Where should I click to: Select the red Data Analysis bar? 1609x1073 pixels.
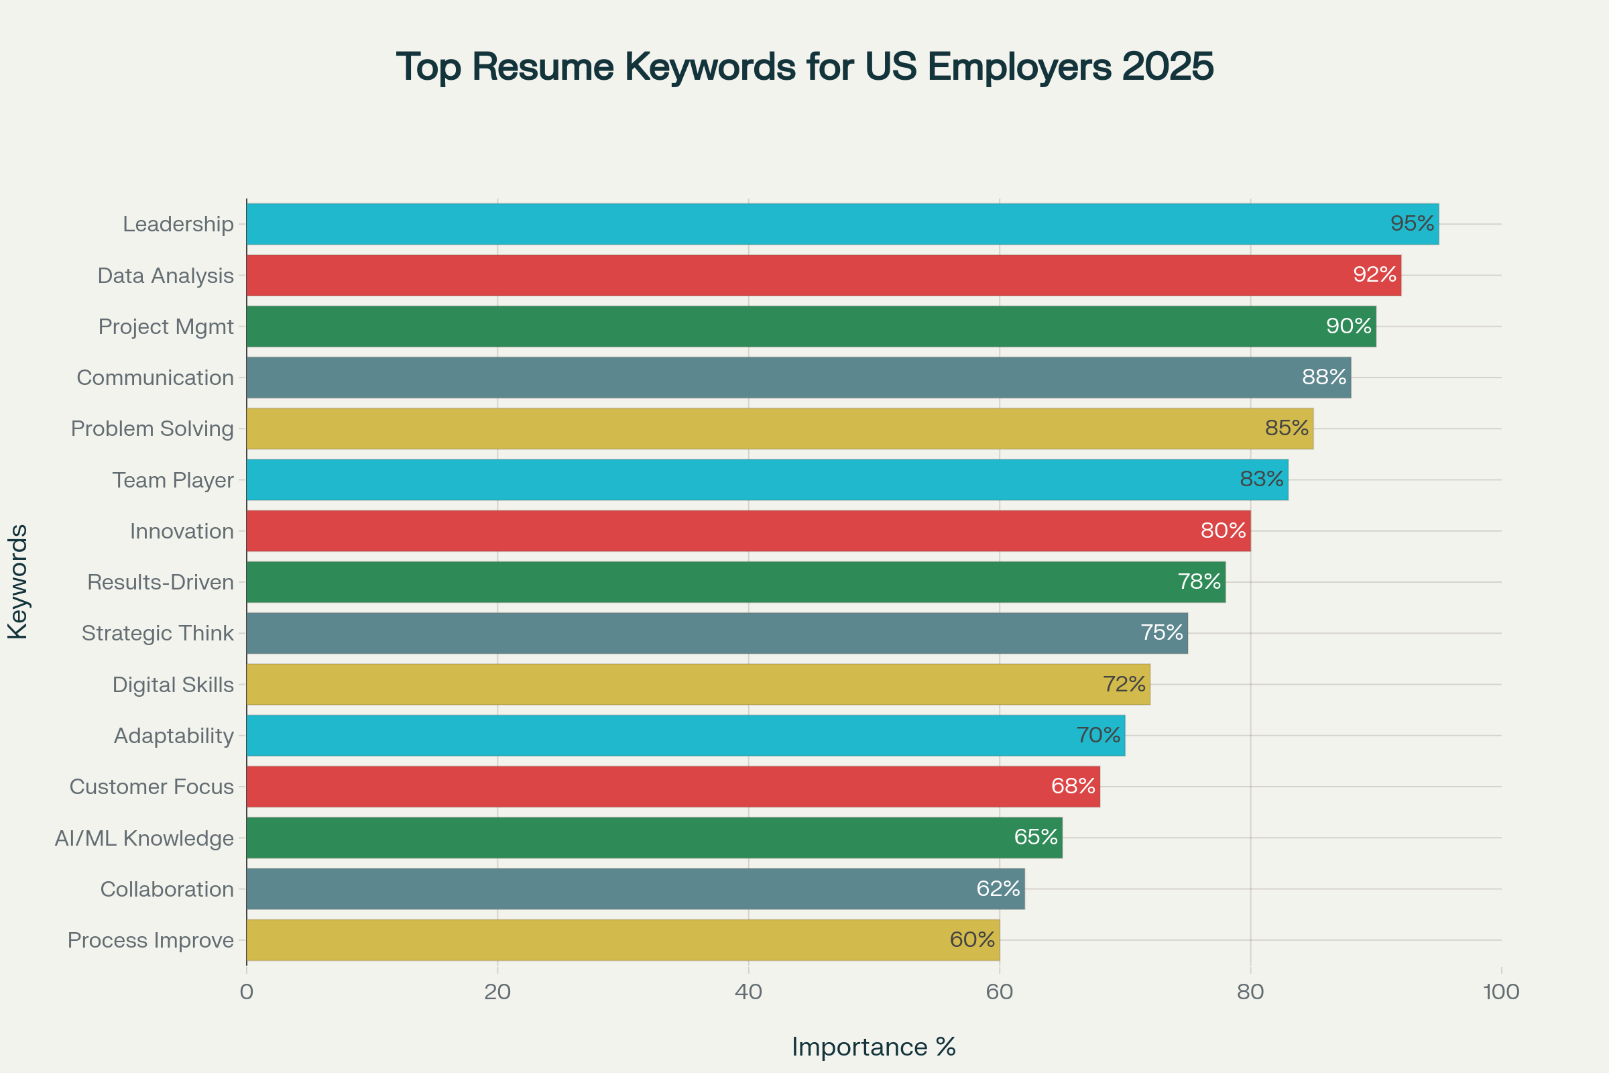[821, 275]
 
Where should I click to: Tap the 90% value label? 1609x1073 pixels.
[1348, 326]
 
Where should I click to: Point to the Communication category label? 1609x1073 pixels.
[156, 378]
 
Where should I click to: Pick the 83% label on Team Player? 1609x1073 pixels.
[1262, 479]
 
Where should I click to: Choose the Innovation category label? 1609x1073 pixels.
[182, 531]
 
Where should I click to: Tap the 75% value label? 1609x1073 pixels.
[1162, 632]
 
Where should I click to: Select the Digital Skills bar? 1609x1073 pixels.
[698, 684]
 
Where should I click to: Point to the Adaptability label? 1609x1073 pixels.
[174, 736]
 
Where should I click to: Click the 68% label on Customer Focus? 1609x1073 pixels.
[1073, 785]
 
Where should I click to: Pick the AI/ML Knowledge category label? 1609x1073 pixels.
[144, 838]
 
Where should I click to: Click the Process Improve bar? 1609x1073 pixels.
[623, 940]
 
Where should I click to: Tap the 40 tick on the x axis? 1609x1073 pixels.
[748, 993]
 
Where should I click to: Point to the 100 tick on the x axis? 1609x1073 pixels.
[1501, 993]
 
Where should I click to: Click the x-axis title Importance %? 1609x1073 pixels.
[874, 1047]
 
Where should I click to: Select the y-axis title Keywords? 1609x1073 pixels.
[18, 581]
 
